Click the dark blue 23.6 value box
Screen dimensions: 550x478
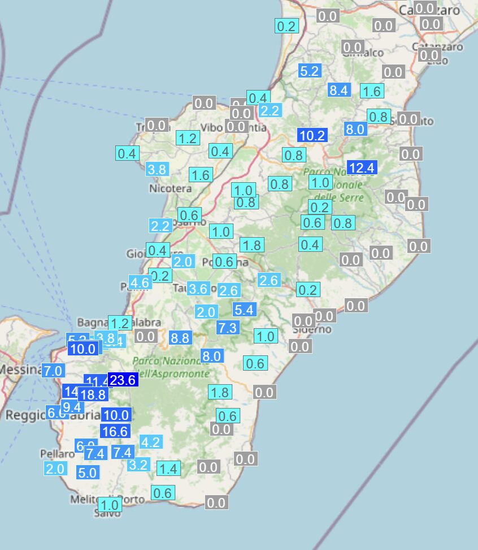[x=123, y=380]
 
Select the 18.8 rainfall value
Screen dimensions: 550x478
[x=93, y=395]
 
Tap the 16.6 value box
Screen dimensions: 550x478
[x=115, y=431]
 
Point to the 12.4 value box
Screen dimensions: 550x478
[x=362, y=167]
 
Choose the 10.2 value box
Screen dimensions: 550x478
[x=312, y=135]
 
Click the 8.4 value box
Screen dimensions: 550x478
[x=339, y=89]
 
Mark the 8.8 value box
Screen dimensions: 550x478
[x=181, y=338]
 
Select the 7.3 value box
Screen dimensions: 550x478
[x=228, y=327]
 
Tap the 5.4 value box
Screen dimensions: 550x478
[x=245, y=310]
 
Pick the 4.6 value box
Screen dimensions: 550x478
[x=140, y=283]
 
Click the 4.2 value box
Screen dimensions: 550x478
[x=150, y=442]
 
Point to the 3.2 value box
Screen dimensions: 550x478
[x=138, y=465]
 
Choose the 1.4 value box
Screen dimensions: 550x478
[x=168, y=469]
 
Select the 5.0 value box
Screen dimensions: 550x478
[x=88, y=472]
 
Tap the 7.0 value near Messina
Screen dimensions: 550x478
[x=53, y=372]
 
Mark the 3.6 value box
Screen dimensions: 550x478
[x=198, y=289]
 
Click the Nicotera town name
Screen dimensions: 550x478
[x=170, y=188]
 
